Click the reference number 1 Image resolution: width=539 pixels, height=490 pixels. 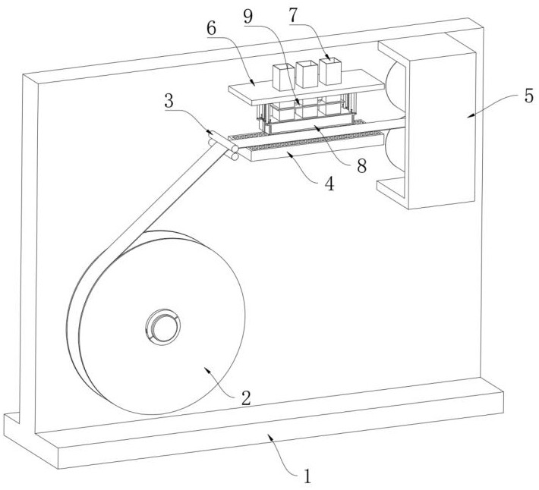click(x=307, y=476)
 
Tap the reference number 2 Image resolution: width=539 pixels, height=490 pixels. click(x=246, y=397)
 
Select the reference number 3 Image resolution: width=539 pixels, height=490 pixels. click(x=169, y=102)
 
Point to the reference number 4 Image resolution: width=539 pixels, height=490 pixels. click(x=329, y=184)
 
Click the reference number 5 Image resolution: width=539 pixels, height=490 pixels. click(x=529, y=96)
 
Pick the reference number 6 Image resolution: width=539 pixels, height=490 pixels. click(x=211, y=29)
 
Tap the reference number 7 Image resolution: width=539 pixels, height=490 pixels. click(x=294, y=15)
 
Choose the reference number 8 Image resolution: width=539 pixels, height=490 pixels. click(x=361, y=165)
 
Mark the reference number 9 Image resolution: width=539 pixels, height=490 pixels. click(x=248, y=16)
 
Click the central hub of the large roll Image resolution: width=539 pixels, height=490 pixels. click(x=162, y=326)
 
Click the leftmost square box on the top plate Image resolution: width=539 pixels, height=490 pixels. click(x=284, y=77)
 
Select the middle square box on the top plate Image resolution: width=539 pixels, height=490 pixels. click(x=307, y=74)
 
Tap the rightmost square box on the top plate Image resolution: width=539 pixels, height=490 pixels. click(x=330, y=71)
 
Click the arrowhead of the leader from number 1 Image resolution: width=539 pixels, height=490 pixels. click(x=269, y=435)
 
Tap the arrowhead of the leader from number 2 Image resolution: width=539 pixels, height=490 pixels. click(x=206, y=369)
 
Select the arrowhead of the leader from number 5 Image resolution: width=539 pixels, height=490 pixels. click(x=469, y=116)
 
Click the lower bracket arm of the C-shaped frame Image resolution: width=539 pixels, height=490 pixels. click(x=391, y=189)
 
